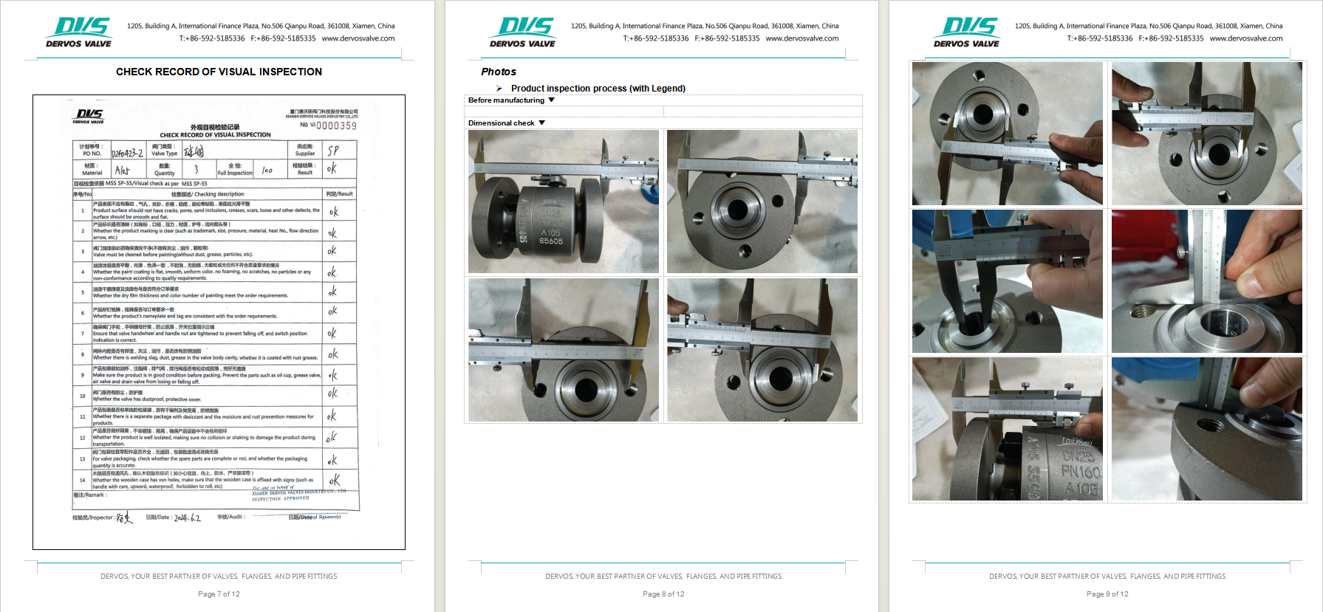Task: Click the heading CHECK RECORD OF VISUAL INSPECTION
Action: coord(219,72)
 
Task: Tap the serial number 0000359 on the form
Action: coord(336,126)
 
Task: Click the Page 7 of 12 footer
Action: coord(219,594)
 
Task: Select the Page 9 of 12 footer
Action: coord(1107,594)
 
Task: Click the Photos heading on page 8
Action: coord(499,72)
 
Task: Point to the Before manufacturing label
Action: coord(506,100)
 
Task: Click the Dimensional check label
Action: coord(501,123)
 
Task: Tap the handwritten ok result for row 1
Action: coord(334,212)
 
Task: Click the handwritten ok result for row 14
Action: coord(335,481)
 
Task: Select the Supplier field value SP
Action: coord(333,151)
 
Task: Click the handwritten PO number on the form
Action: coord(126,153)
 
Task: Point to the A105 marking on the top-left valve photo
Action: coord(550,233)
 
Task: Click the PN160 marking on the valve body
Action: coord(1080,472)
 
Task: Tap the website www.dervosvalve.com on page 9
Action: coord(1245,38)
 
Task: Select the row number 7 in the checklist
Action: coord(83,334)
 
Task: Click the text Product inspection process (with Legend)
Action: coord(598,89)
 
